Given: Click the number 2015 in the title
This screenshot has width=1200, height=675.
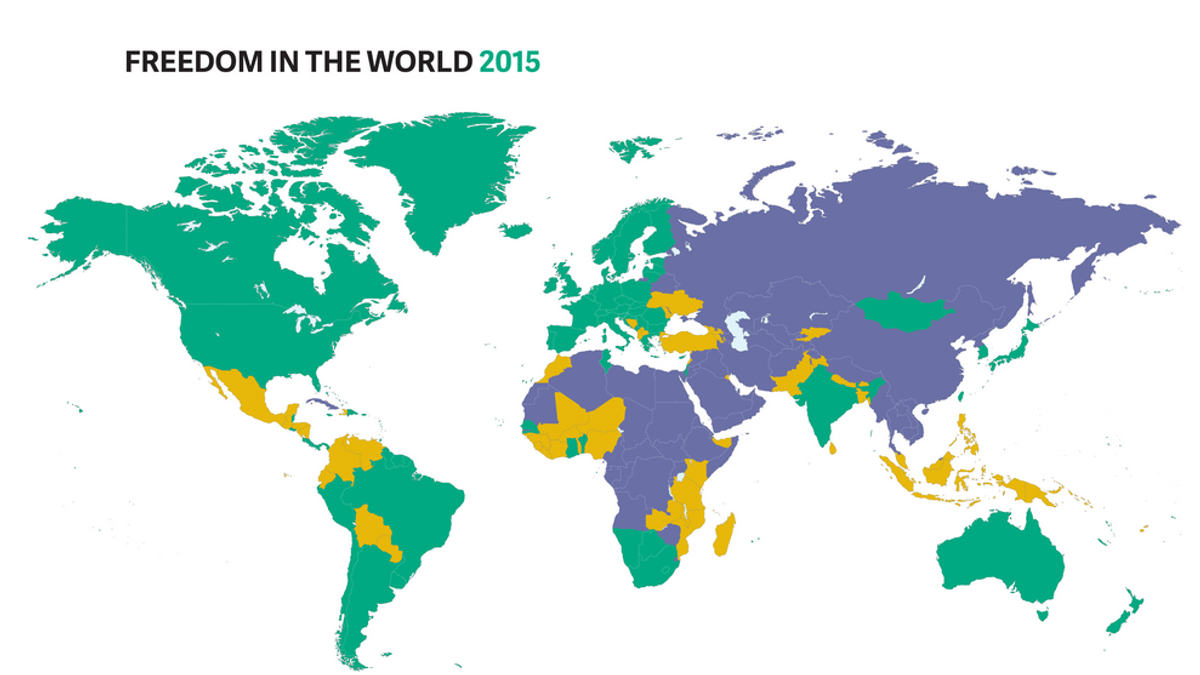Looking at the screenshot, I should pos(509,62).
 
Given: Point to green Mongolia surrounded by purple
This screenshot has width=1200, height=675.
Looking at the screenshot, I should pos(905,312).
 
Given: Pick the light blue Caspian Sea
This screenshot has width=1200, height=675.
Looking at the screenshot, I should pos(737,330).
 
